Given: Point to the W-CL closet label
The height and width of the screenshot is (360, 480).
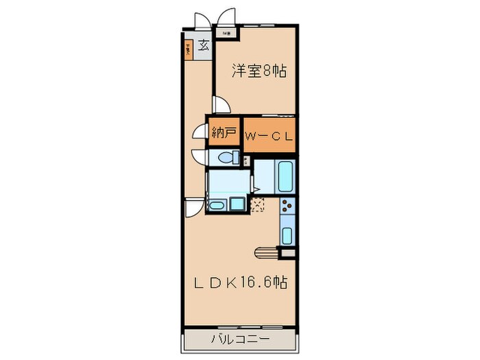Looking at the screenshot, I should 269,135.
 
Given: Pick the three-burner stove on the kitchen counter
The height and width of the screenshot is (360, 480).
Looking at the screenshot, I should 287,204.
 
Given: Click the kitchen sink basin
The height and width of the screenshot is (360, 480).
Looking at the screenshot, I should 287,235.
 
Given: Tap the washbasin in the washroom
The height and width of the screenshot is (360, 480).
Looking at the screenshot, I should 217,204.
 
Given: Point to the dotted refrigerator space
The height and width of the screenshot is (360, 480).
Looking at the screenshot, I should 259,204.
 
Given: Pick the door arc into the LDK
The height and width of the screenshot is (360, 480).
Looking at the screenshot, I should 195,205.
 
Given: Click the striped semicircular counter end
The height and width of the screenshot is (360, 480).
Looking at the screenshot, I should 265,253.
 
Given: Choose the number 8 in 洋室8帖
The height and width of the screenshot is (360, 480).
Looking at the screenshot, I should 267,69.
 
